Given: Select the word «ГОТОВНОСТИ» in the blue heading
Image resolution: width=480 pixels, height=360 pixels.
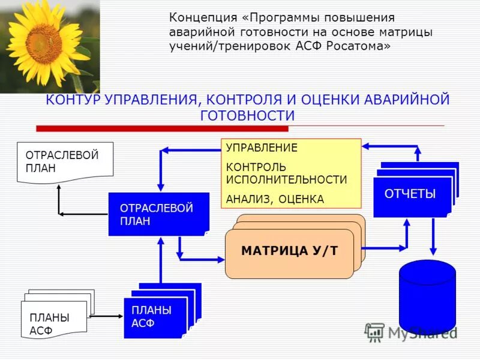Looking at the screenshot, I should pyautogui.click(x=247, y=115).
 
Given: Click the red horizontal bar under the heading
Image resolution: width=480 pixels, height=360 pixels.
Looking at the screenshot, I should pyautogui.click(x=162, y=128).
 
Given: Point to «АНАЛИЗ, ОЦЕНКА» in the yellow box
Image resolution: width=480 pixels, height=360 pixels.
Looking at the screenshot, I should pyautogui.click(x=275, y=199).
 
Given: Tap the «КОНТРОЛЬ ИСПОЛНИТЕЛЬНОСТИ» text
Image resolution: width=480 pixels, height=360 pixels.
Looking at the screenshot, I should pyautogui.click(x=286, y=173).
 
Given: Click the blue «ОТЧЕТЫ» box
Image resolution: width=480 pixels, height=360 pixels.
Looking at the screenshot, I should pyautogui.click(x=412, y=194).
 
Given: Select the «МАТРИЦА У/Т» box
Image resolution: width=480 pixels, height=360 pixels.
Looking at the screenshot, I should pyautogui.click(x=289, y=251).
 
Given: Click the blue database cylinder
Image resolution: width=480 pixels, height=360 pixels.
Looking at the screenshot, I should pyautogui.click(x=427, y=297).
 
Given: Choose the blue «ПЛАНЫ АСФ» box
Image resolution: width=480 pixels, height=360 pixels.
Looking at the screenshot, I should pyautogui.click(x=156, y=316).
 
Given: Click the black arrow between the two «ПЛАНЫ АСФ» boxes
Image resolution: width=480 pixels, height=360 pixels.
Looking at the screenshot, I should pyautogui.click(x=106, y=316).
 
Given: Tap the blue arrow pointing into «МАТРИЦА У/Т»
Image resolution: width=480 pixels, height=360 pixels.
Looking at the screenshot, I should pyautogui.click(x=204, y=259).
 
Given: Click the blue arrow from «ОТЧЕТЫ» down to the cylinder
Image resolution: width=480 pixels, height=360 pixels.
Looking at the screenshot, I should pyautogui.click(x=433, y=237).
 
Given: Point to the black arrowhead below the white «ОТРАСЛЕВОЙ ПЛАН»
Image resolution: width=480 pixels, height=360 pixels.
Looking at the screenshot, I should pyautogui.click(x=59, y=186).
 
